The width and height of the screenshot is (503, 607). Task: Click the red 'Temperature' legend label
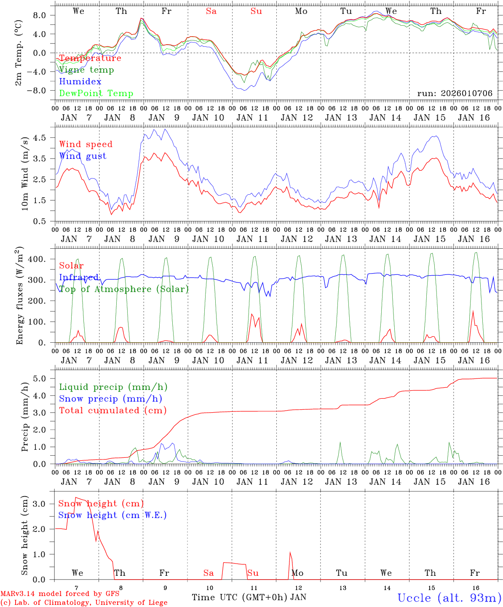(x=90, y=58)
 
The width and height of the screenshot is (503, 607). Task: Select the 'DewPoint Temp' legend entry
(x=96, y=94)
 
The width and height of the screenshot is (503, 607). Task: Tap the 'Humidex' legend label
(x=80, y=82)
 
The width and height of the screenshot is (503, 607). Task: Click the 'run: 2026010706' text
(x=455, y=94)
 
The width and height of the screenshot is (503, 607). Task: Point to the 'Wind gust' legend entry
(x=83, y=156)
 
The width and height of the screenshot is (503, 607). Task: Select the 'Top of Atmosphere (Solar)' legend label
(x=123, y=289)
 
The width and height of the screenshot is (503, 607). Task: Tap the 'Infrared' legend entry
(x=79, y=277)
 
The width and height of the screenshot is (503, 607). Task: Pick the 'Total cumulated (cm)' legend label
(x=112, y=411)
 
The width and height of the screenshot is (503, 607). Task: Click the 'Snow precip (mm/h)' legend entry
(x=110, y=399)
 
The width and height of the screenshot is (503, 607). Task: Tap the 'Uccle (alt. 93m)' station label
(x=449, y=598)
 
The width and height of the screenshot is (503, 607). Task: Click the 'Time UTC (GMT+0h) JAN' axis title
(x=249, y=597)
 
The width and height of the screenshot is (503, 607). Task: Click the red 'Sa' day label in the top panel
(x=211, y=11)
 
